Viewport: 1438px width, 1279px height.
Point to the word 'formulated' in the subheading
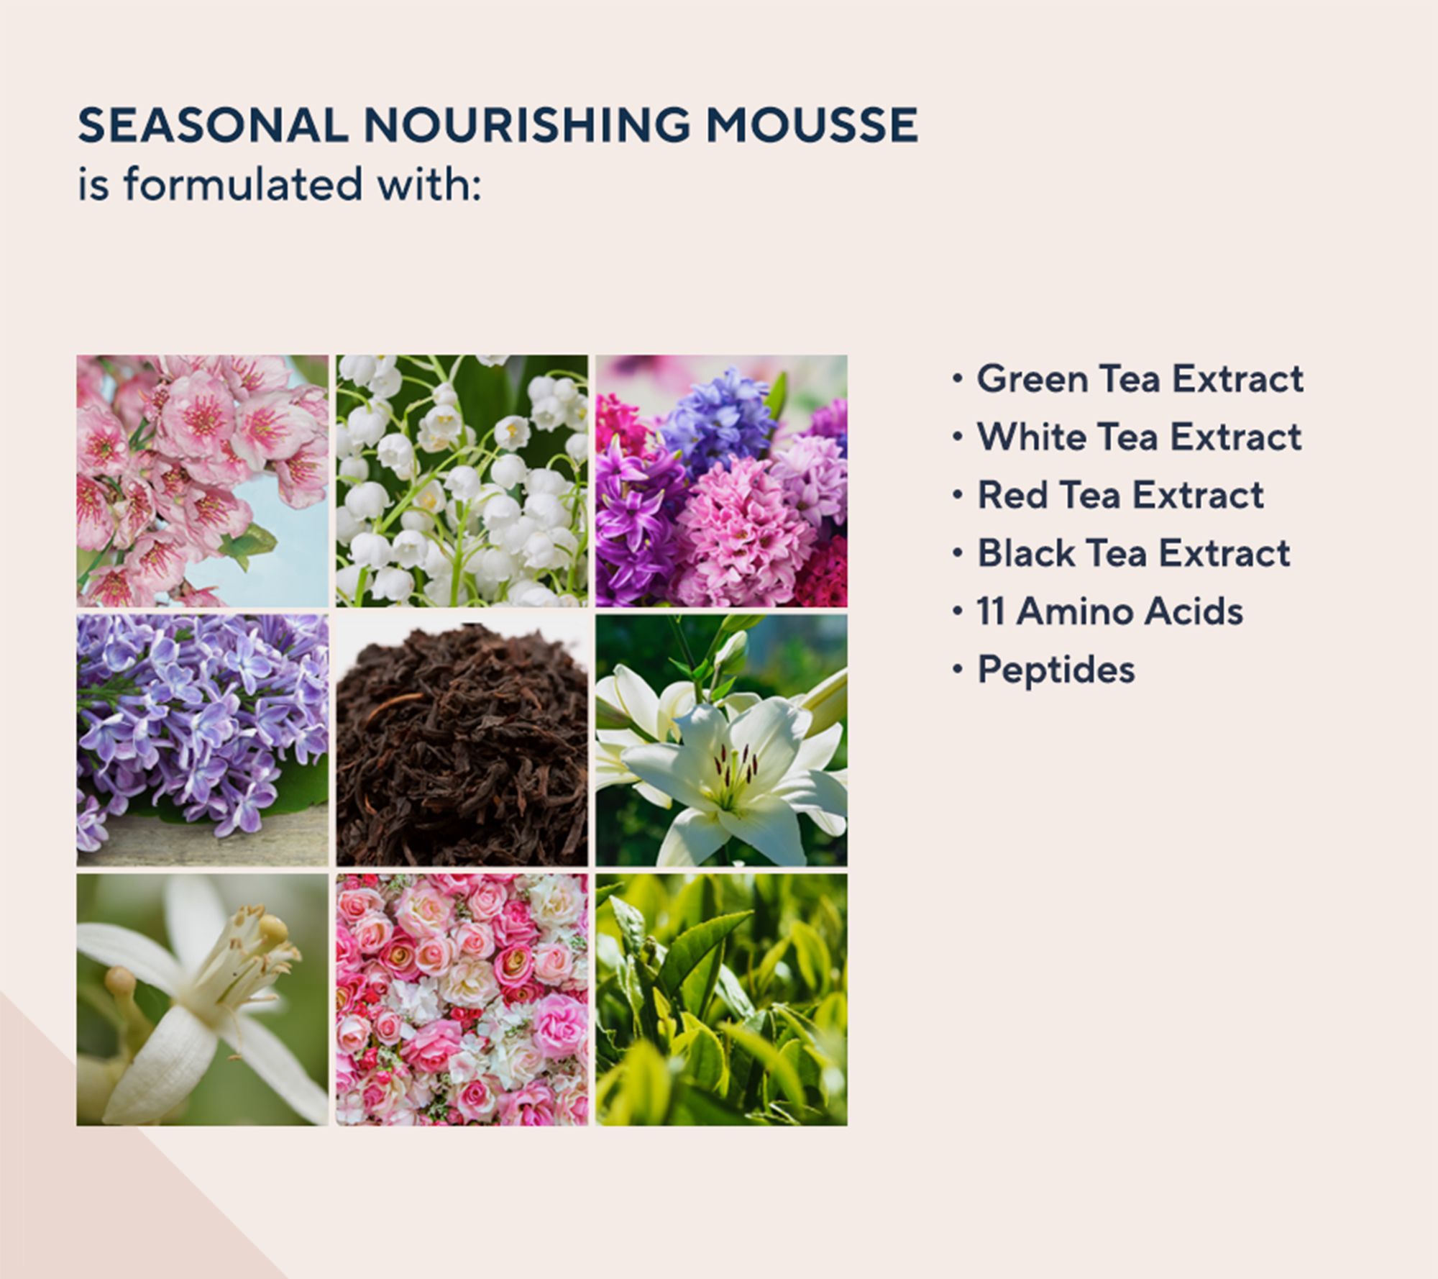(243, 184)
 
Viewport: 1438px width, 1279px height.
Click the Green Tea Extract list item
(1140, 378)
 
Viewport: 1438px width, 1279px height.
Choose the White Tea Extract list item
(1139, 437)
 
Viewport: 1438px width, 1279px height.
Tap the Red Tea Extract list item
(1119, 495)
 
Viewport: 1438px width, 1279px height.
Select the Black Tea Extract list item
(1133, 553)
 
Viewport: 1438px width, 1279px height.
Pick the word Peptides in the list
(1055, 670)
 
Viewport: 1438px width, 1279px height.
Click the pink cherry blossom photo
(203, 481)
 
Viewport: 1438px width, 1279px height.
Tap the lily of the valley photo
(462, 481)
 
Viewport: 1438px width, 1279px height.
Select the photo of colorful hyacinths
(721, 481)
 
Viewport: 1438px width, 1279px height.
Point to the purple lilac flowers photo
(203, 740)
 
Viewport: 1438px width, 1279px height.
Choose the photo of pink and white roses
(462, 1000)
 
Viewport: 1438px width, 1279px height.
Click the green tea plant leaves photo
(721, 1000)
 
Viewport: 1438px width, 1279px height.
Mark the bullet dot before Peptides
(957, 670)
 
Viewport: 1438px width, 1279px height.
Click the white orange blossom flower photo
(203, 1000)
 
